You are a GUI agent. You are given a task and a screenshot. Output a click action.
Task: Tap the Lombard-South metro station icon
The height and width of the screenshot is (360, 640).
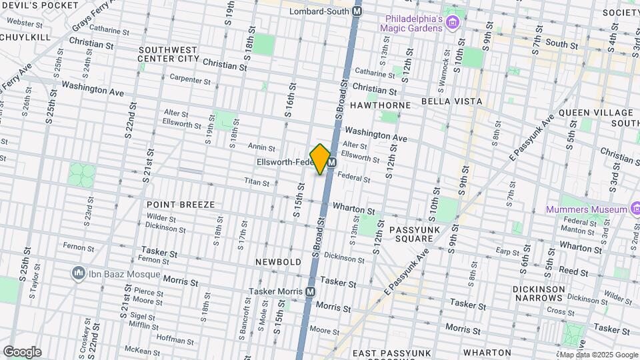[358, 11]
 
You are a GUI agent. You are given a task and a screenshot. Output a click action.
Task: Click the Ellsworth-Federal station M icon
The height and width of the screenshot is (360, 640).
[331, 162]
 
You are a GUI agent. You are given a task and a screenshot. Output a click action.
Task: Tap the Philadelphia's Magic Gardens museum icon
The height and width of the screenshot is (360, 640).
[453, 23]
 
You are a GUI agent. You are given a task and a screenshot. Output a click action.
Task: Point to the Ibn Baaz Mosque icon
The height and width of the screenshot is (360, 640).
[78, 274]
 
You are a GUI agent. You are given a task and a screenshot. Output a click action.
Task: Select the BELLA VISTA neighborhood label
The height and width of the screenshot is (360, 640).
[451, 101]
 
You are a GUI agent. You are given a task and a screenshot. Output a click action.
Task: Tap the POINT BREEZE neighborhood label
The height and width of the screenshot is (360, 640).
[181, 205]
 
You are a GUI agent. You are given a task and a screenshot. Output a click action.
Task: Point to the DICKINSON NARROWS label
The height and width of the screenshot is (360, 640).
[539, 294]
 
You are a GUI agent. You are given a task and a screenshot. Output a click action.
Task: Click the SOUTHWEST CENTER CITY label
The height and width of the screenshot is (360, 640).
[168, 54]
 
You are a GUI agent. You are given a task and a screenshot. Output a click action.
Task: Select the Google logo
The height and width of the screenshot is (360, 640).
[22, 352]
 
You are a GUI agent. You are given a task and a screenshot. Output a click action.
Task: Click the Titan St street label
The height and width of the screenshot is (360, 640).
[255, 181]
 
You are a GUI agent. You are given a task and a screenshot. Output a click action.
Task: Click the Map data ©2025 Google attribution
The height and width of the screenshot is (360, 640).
[598, 355]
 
